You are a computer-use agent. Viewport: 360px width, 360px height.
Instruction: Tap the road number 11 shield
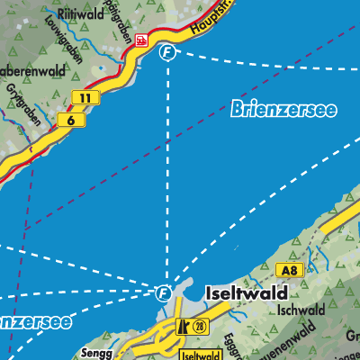click(85, 97)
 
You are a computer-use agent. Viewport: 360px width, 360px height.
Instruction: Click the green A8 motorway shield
click(287, 270)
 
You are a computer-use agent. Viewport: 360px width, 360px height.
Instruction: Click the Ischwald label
click(301, 310)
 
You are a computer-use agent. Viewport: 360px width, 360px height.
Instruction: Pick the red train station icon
click(140, 39)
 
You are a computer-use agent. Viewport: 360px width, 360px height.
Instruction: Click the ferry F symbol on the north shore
click(166, 52)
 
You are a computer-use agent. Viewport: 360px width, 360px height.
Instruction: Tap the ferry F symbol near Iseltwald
click(163, 292)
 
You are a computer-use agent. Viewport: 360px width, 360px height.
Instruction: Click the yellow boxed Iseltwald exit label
click(206, 355)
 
